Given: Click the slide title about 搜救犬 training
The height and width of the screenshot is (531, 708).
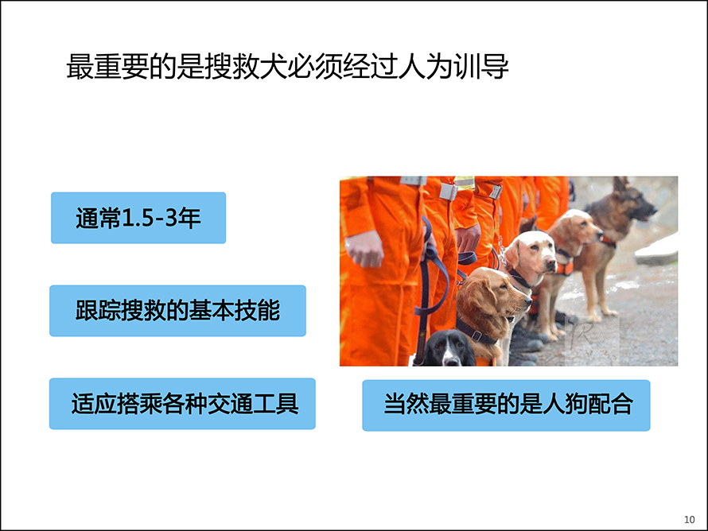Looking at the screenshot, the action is click(x=288, y=67).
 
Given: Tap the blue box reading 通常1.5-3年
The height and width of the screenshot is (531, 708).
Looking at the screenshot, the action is click(x=138, y=218).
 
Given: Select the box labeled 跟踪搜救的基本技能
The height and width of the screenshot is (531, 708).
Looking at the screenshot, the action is click(x=177, y=310).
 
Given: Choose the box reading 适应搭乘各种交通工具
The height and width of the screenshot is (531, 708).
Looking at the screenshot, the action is click(x=182, y=403).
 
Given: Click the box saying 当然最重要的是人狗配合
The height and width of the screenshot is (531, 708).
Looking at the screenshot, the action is click(x=506, y=405).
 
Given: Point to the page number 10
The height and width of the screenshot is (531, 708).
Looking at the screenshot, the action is click(x=689, y=519).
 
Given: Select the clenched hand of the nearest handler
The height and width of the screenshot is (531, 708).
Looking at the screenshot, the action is click(x=365, y=249).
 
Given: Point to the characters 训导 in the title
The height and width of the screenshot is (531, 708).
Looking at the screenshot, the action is click(x=481, y=67).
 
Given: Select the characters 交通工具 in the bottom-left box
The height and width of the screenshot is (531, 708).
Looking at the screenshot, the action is click(x=253, y=403).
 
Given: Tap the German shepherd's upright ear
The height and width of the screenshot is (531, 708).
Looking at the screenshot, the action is click(x=620, y=184).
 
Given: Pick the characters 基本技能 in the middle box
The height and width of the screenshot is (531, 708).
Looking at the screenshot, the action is click(x=235, y=310).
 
